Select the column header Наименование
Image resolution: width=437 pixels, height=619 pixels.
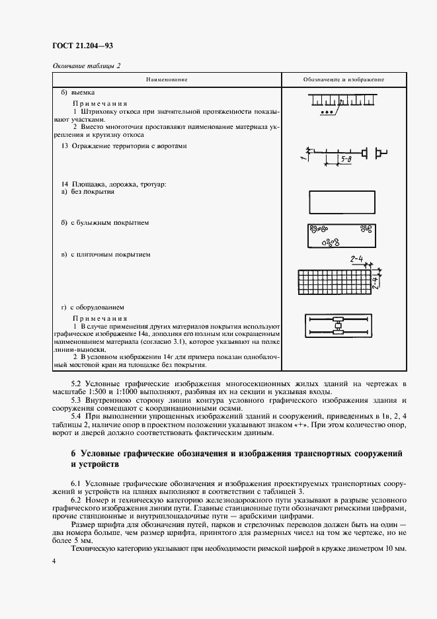(x=167, y=79)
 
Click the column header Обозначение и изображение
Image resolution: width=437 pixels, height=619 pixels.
(x=344, y=79)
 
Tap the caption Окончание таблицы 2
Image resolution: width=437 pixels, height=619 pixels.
(x=86, y=65)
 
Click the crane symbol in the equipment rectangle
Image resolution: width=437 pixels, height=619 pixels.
(x=338, y=325)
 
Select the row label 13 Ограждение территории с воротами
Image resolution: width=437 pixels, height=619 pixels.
(x=124, y=145)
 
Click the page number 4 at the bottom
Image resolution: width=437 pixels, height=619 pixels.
(x=54, y=561)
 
